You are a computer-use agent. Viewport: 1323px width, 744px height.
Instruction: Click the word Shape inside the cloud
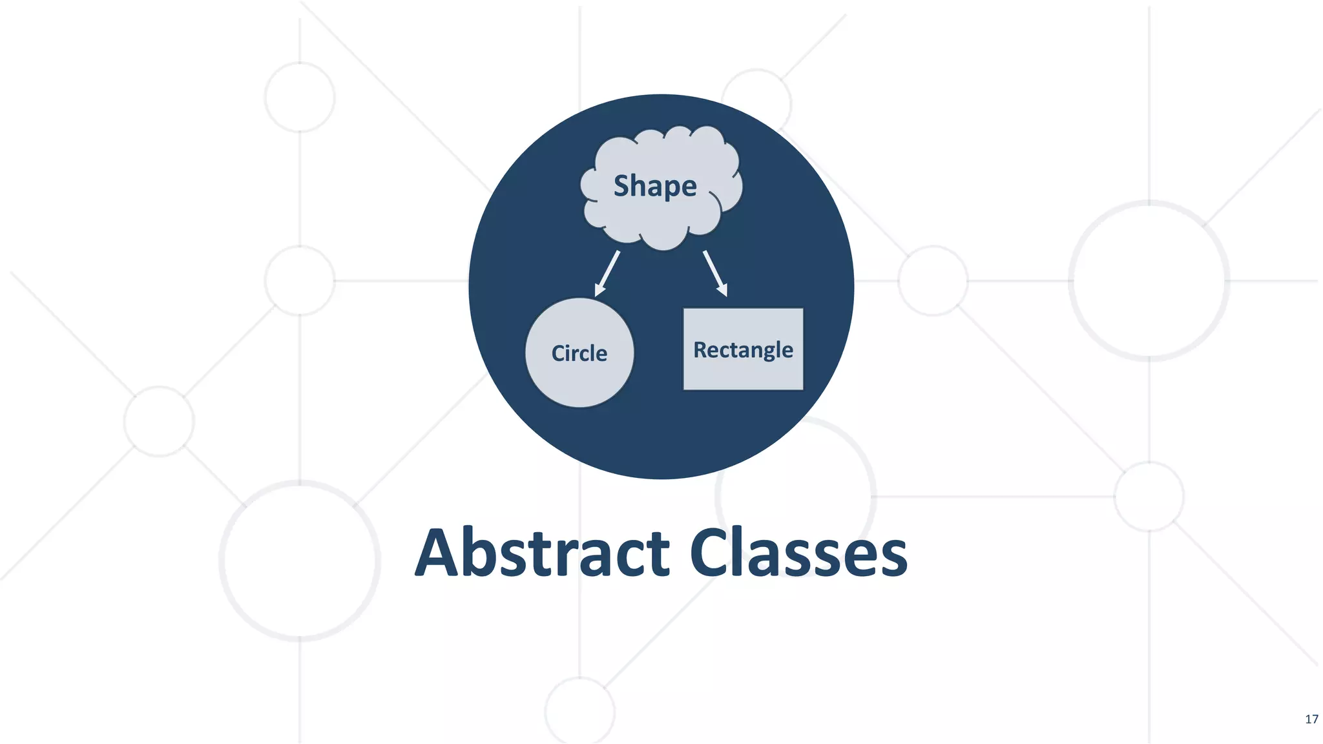tap(654, 186)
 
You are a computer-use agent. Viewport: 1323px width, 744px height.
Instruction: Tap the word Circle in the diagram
tap(579, 353)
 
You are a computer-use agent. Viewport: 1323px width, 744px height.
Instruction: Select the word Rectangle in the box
tap(743, 349)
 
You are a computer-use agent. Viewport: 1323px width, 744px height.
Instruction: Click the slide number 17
tap(1311, 719)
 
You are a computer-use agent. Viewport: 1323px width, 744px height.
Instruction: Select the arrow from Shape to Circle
tap(608, 273)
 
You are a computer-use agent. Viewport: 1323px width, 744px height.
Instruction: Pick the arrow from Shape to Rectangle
tap(715, 273)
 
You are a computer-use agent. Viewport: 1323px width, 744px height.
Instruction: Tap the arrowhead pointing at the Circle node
tap(599, 290)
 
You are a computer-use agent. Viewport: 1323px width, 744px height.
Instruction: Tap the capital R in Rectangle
tap(700, 349)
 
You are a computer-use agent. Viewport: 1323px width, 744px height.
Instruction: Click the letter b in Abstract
tap(485, 553)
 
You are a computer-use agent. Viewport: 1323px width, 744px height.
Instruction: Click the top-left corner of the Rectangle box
tap(684, 309)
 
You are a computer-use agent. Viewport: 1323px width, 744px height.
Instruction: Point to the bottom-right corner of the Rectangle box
tap(803, 389)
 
